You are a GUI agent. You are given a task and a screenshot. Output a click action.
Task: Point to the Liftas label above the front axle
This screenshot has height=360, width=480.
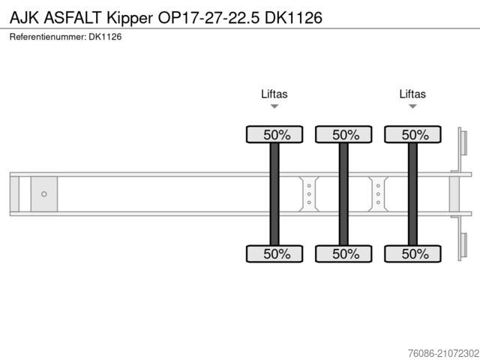(274, 94)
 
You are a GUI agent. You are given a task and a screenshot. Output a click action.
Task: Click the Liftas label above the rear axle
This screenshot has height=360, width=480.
(412, 94)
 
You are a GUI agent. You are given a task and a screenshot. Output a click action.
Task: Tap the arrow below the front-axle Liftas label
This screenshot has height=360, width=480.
(274, 107)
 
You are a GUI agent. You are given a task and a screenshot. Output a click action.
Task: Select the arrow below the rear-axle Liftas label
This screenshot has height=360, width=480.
(412, 107)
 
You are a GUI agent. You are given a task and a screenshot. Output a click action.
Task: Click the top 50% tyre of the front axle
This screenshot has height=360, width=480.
(274, 135)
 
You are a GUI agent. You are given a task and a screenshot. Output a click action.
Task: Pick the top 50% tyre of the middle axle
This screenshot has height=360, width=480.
(343, 135)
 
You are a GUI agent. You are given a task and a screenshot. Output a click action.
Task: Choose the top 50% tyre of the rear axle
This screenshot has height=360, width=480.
(412, 135)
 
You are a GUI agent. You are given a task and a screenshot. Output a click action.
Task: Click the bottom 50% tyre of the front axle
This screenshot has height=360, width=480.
(274, 253)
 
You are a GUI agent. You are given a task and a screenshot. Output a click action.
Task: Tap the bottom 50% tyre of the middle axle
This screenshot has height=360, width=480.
(343, 253)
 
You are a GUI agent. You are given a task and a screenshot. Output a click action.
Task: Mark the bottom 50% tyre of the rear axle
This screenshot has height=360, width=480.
(412, 253)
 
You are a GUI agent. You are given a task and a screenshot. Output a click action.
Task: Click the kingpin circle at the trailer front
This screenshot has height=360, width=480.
(44, 194)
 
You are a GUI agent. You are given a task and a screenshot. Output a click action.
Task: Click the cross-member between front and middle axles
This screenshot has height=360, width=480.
(309, 194)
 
